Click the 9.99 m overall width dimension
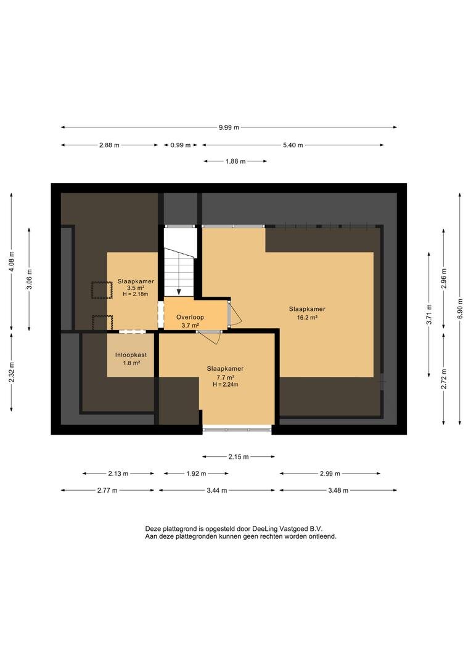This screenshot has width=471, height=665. click(229, 127)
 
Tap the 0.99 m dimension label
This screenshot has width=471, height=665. click(181, 145)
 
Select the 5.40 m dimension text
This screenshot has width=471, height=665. click(293, 145)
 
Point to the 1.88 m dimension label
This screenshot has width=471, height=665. click(236, 161)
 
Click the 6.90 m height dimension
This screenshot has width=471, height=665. click(461, 308)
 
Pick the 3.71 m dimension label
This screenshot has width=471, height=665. click(429, 314)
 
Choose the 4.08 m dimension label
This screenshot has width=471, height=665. click(12, 262)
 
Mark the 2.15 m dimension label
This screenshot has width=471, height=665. click(239, 457)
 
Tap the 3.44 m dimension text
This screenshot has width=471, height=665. click(216, 490)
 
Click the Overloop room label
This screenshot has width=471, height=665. click(190, 317)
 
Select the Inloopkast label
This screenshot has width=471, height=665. click(131, 355)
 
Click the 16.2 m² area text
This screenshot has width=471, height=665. click(307, 317)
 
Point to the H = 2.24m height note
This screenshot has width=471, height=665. click(226, 385)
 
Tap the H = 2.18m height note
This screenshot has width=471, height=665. click(136, 294)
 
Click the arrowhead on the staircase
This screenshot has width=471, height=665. click(179, 292)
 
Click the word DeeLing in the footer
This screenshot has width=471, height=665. click(265, 529)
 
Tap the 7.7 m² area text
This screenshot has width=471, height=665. click(226, 377)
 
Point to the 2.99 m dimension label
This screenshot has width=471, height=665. click(330, 474)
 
